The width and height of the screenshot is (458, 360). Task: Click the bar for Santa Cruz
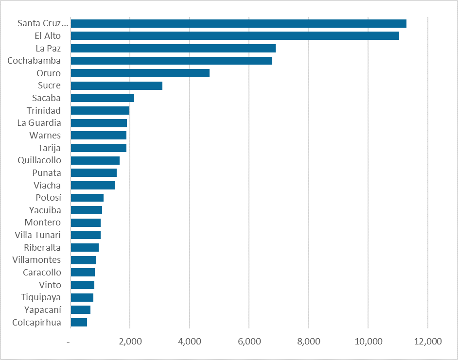tap(238, 23)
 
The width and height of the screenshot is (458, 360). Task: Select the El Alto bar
tap(235, 36)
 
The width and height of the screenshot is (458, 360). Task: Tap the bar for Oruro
tap(140, 73)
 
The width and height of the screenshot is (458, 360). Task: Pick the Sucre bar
tap(117, 86)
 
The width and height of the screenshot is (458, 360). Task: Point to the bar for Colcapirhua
tap(79, 322)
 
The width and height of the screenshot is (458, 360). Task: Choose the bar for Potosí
tap(87, 198)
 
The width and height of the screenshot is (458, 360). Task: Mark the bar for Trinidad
tap(100, 110)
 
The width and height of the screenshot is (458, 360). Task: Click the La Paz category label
tap(48, 48)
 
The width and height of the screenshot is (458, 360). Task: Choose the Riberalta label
tap(42, 247)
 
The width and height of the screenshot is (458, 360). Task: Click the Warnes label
tap(45, 135)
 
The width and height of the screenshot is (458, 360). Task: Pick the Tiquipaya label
tap(41, 297)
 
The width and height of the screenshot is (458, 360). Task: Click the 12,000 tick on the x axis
tap(428, 342)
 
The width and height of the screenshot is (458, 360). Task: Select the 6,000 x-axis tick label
tap(249, 342)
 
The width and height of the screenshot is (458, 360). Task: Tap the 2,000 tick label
tap(130, 342)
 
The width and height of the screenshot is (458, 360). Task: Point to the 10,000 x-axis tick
tap(368, 342)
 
